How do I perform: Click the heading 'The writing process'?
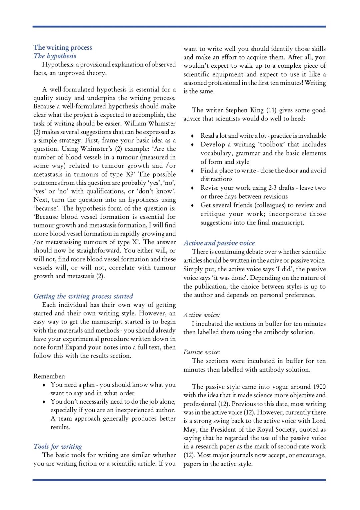(63, 47)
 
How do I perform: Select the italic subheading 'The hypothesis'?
(55, 56)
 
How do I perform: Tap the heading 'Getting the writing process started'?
(83, 296)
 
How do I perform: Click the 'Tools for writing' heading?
(58, 446)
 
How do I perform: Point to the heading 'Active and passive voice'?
(219, 243)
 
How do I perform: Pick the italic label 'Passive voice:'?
(202, 352)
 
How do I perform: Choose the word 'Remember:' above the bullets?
(49, 376)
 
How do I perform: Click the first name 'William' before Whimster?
(135, 123)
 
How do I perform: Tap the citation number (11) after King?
(271, 110)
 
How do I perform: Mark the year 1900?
(319, 387)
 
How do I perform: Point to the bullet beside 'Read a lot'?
(192, 136)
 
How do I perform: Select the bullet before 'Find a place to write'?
(192, 171)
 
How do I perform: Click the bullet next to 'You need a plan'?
(44, 385)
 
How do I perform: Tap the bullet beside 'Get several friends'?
(192, 205)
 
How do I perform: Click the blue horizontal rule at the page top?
(179, 26)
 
